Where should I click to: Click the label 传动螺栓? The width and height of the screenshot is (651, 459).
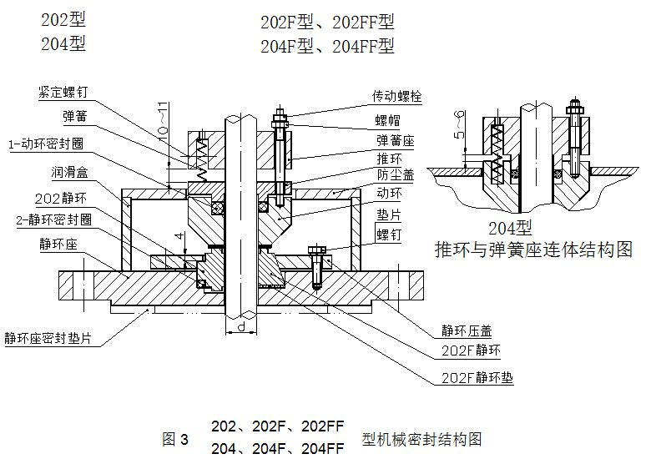(x=397, y=96)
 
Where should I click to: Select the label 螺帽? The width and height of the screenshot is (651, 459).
(x=387, y=119)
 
